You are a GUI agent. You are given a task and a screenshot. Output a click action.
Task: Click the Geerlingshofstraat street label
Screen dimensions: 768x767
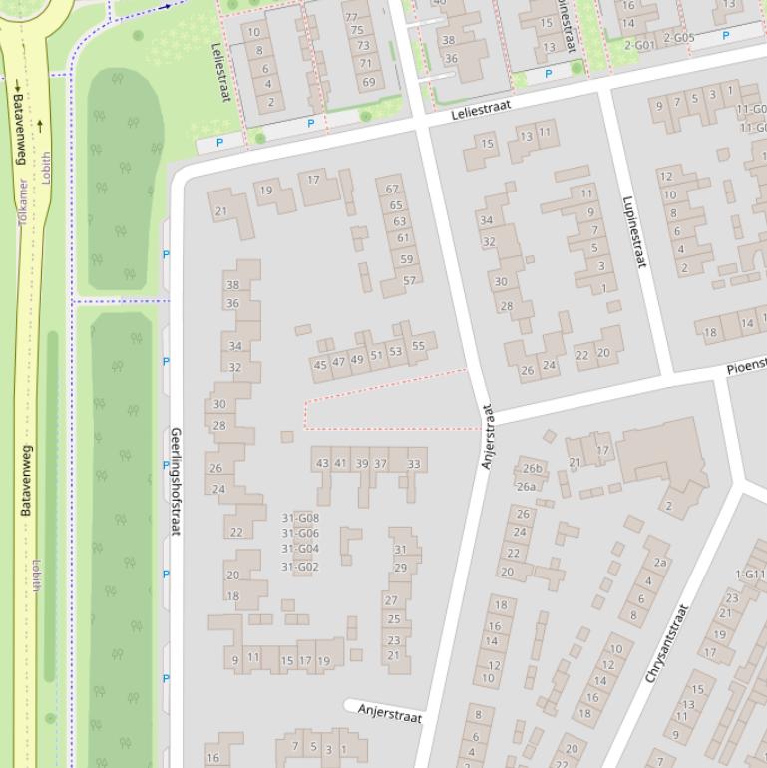tap(176, 481)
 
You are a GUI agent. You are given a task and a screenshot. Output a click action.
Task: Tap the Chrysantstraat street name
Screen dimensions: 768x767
tap(667, 643)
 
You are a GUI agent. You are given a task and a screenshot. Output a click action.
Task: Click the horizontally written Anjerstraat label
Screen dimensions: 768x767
tap(389, 714)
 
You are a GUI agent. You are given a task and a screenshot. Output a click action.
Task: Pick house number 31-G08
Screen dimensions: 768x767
tap(300, 518)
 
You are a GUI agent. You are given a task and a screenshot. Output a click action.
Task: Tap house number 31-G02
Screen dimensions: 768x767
tap(300, 567)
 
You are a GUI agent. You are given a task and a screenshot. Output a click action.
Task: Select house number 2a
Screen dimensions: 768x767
tap(660, 563)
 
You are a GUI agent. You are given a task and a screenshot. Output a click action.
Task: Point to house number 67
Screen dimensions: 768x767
tap(392, 189)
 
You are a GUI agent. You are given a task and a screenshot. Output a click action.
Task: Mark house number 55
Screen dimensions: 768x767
tap(418, 347)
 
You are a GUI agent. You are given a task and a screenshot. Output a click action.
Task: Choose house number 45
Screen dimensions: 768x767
tap(320, 365)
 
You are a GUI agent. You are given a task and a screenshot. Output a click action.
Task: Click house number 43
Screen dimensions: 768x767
tap(321, 463)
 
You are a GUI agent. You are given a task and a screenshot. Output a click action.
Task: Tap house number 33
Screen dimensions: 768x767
tap(413, 463)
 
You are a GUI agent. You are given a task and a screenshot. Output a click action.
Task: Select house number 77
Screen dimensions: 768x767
tap(351, 17)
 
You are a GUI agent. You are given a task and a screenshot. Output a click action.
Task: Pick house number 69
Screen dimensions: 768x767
tap(368, 83)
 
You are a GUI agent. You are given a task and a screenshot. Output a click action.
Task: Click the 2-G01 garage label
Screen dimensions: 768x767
tap(639, 45)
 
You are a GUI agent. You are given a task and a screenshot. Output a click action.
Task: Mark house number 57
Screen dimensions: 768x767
tap(409, 281)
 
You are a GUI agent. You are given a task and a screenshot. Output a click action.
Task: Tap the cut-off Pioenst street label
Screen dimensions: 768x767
tap(745, 367)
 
